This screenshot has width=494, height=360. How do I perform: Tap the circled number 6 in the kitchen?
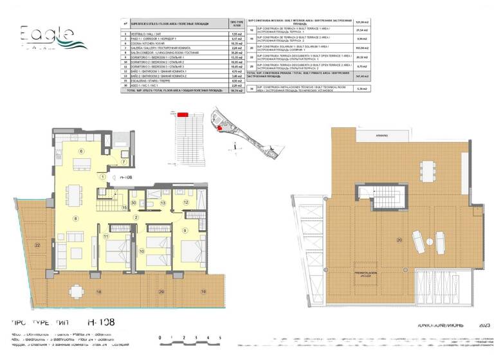click(x=81, y=151)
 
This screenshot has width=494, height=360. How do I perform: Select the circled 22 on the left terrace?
click(x=37, y=245)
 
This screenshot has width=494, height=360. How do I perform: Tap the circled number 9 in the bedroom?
click(x=184, y=230)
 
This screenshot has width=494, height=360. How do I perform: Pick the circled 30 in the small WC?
click(x=134, y=203)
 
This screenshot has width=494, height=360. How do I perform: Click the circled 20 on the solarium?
click(x=399, y=239)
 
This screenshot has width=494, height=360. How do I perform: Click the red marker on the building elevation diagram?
click(x=183, y=114)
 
